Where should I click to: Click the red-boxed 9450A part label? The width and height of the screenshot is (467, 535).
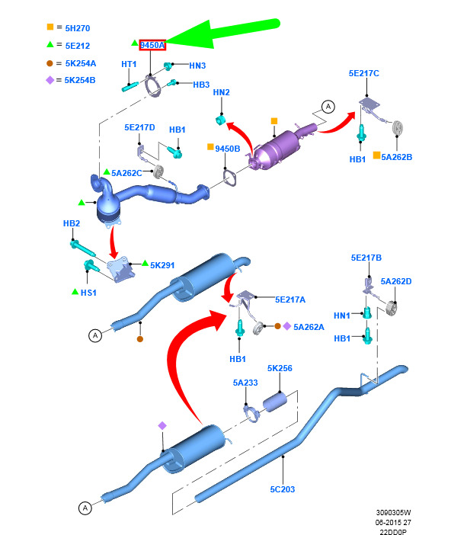(x=152, y=45)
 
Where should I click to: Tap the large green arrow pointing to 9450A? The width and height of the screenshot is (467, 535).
(x=222, y=34)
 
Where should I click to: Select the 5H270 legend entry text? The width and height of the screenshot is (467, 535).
(x=78, y=28)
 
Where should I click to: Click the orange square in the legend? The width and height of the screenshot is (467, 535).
(x=50, y=27)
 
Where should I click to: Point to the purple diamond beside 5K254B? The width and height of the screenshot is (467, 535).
(x=50, y=80)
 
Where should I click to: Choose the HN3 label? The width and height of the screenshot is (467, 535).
(x=197, y=66)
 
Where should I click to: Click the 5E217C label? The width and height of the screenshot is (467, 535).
(x=363, y=73)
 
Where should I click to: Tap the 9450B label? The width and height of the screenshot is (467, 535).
(x=228, y=149)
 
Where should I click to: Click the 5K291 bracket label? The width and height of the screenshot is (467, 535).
(x=162, y=265)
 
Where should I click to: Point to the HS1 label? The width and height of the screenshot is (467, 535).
(x=88, y=293)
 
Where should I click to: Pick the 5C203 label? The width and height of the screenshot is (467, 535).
(x=283, y=489)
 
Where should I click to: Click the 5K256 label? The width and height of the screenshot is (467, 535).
(x=280, y=368)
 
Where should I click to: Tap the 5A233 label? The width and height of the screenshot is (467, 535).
(x=245, y=383)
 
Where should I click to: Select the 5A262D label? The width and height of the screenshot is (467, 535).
(x=396, y=281)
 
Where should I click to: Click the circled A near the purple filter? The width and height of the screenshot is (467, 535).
(x=328, y=107)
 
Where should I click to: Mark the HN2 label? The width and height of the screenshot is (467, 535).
(x=222, y=92)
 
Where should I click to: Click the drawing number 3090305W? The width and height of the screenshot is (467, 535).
(x=393, y=512)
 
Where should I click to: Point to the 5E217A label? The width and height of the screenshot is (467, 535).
(x=290, y=300)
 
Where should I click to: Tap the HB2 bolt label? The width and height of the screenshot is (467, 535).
(x=72, y=223)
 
